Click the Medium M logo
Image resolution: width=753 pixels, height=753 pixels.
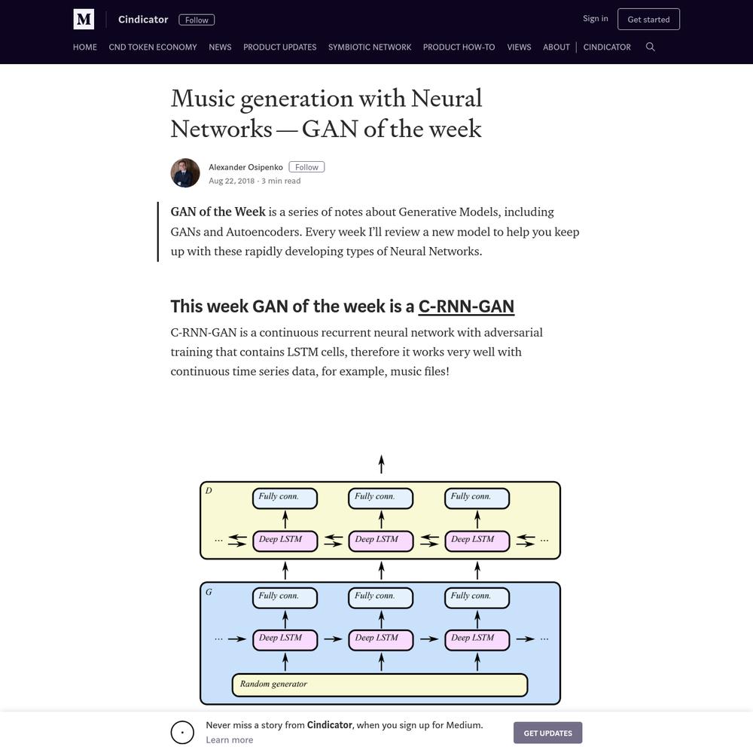84,20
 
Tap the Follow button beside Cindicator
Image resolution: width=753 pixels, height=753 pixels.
197,20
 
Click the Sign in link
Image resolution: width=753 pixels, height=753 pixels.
595,18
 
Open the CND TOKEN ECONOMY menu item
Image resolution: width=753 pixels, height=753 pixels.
153,47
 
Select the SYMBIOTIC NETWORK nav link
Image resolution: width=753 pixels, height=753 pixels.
370,47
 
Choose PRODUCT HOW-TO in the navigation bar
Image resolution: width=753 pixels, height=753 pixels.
459,47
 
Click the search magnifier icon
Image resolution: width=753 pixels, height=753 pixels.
651,47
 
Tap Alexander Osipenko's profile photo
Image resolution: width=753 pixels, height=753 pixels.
185,173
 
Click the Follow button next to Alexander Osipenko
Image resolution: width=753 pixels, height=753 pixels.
306,167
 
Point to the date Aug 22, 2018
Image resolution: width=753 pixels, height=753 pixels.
231,181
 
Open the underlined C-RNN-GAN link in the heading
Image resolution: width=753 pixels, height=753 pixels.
466,306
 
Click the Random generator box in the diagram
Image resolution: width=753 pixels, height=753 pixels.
380,684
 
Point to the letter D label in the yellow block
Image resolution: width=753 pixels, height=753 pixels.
209,490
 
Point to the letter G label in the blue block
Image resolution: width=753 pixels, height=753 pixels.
209,592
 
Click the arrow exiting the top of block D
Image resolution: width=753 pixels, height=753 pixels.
381,465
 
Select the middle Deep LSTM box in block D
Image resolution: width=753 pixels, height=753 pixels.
381,541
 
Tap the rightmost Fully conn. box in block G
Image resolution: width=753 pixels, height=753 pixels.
477,597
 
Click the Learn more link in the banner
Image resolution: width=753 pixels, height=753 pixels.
230,740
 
